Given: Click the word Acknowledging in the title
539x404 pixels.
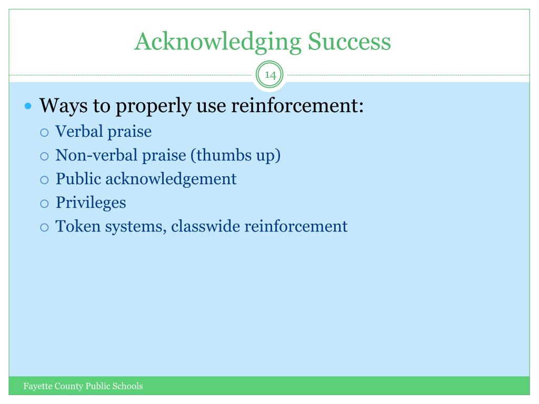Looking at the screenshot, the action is pos(218,42).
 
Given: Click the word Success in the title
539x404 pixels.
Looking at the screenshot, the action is pos(350,41).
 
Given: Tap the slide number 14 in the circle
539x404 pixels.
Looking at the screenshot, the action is pos(270,75).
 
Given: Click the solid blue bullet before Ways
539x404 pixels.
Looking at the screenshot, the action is pos(28,106).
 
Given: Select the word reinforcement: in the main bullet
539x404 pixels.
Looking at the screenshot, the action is pos(297,105).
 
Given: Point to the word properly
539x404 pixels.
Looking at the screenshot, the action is pos(153,106).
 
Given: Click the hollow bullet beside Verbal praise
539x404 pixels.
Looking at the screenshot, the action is pos(44,133).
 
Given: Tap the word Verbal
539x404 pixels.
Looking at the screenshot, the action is pos(79,131).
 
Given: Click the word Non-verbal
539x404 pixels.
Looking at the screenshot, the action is pos(97,155).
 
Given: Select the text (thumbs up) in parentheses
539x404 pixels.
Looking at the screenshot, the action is pos(235,156).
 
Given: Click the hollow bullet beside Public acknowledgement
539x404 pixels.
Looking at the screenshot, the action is pos(44,180).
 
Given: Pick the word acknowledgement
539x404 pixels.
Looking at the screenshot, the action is pos(171,179).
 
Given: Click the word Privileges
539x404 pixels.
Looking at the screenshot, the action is pos(91,203).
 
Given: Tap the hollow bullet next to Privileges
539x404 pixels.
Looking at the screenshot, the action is pos(44,204).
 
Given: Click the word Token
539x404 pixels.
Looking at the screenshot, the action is pos(78,226).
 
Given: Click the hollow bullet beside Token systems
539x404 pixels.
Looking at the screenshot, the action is pos(44,227).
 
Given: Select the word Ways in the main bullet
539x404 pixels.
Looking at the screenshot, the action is pos(64,106).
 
